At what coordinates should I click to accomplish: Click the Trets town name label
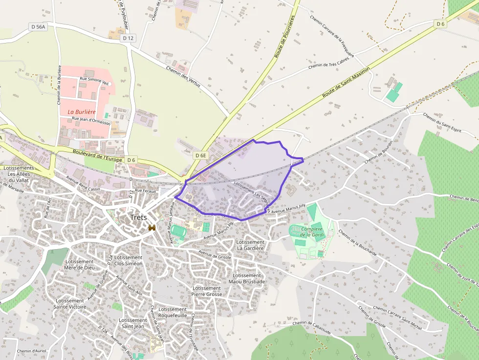tap(138, 218)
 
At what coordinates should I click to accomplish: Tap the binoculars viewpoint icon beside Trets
tap(152, 228)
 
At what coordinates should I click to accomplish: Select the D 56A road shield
tap(37, 27)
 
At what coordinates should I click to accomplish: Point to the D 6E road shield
tap(201, 155)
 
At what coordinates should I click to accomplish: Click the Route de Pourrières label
tap(285, 37)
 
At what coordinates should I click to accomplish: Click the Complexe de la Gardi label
tap(313, 232)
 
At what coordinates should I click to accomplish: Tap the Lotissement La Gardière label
tap(250, 245)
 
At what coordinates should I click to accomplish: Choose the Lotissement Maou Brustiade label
tap(247, 278)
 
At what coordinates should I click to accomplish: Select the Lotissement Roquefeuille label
tap(173, 312)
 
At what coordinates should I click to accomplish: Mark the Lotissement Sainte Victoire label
tap(69, 304)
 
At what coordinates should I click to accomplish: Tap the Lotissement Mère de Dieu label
tap(79, 264)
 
